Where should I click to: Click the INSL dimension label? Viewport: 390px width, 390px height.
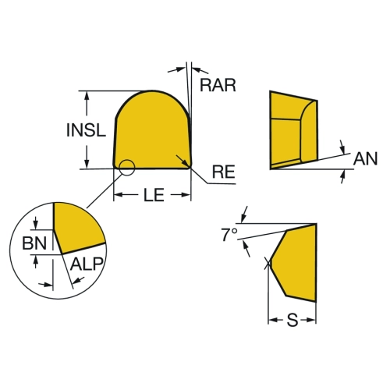click(x=86, y=130)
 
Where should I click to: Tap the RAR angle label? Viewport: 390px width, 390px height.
click(x=218, y=85)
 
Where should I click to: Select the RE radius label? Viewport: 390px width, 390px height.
click(x=224, y=172)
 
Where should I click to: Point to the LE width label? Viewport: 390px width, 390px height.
click(x=154, y=195)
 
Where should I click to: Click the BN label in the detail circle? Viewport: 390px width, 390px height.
click(x=34, y=243)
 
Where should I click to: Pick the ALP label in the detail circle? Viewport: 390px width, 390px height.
click(x=87, y=264)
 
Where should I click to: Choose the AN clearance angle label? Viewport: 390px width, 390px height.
click(x=365, y=158)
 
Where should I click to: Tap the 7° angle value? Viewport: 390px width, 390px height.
click(x=229, y=234)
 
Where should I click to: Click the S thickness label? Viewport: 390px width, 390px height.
click(x=292, y=321)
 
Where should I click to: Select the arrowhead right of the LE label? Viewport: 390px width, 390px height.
click(x=186, y=194)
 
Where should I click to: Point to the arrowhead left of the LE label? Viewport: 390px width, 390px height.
click(x=119, y=194)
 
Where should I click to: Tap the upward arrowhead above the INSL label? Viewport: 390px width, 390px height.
click(x=87, y=97)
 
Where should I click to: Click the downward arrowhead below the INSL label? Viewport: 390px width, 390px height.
click(x=87, y=164)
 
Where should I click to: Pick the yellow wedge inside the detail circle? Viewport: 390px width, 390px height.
click(x=77, y=227)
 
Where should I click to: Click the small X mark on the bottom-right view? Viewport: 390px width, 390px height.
click(x=268, y=263)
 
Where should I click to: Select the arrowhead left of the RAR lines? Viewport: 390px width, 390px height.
click(x=181, y=69)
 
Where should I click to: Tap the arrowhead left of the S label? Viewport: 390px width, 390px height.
click(x=273, y=320)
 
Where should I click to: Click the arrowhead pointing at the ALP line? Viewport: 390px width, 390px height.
click(x=76, y=282)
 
